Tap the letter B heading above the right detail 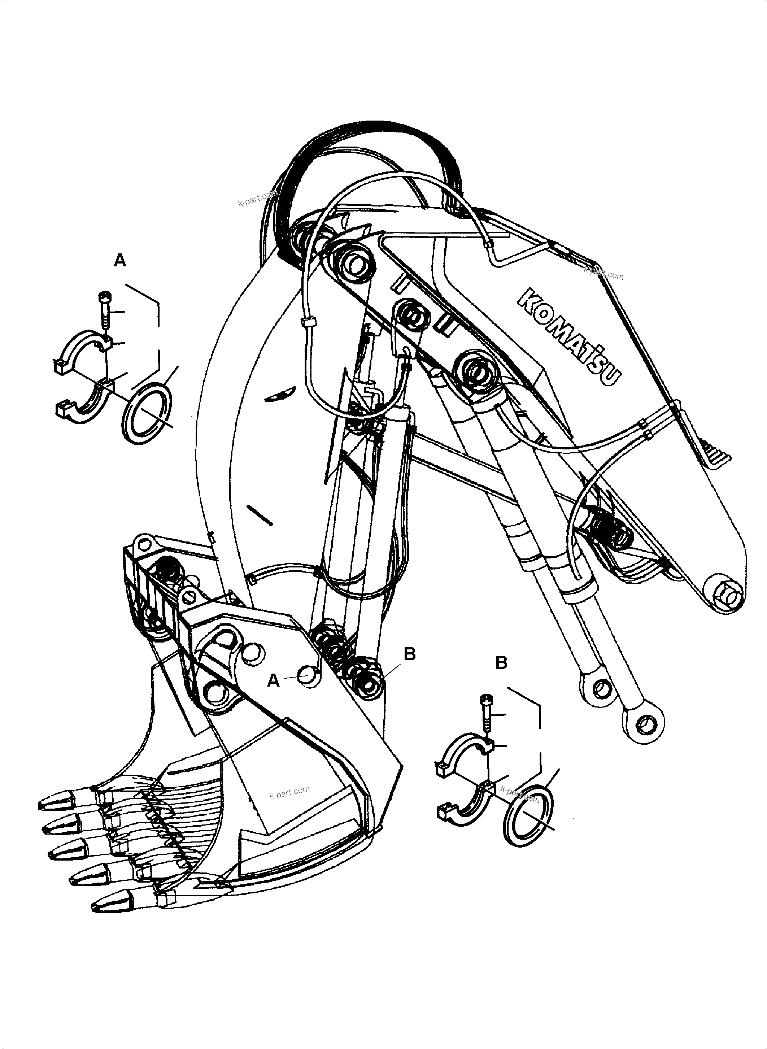(x=501, y=663)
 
